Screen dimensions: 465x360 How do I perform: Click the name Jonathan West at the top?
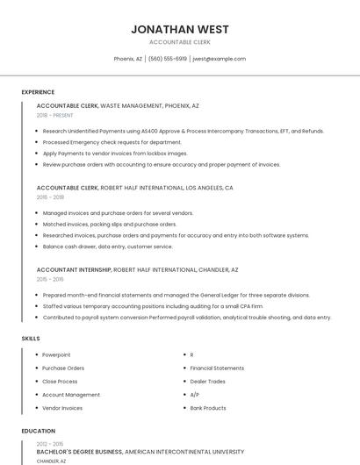(x=179, y=29)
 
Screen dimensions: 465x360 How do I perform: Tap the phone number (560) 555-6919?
(x=167, y=59)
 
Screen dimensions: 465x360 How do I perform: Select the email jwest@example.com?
(x=219, y=59)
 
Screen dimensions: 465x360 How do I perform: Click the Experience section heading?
(x=38, y=92)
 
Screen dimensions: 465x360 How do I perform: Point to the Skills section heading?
(x=31, y=338)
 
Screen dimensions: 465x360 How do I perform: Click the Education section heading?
(x=39, y=431)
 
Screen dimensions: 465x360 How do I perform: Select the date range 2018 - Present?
(x=55, y=115)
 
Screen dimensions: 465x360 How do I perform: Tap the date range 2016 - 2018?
(x=50, y=197)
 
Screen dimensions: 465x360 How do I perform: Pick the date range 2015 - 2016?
(x=50, y=279)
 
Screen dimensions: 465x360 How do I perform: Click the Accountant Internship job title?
(x=74, y=269)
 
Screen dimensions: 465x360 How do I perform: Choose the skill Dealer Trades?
(x=207, y=381)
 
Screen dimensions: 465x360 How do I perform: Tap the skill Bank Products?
(x=208, y=408)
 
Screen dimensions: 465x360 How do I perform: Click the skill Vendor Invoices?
(x=62, y=408)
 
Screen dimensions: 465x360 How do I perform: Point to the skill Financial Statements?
(x=217, y=368)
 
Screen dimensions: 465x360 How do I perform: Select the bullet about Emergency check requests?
(x=112, y=142)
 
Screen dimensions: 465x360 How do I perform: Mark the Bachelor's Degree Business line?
(x=79, y=451)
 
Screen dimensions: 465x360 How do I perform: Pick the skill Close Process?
(x=60, y=381)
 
